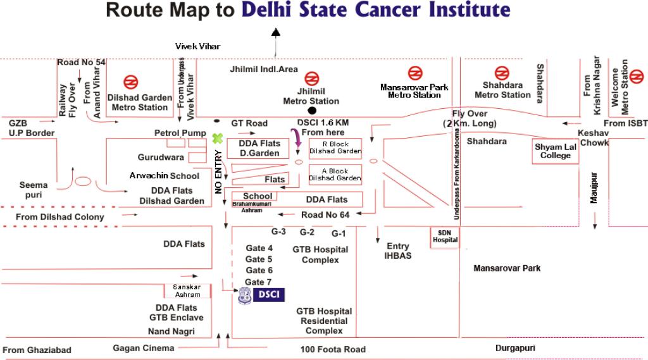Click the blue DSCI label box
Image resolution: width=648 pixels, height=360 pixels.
pos(268,295)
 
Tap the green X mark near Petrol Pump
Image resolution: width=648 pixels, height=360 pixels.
pos(218,139)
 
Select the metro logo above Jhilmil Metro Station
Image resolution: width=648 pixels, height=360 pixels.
pos(311,78)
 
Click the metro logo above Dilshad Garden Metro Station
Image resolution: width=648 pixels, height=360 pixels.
pos(130,82)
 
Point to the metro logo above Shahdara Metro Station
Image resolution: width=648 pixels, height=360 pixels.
pos(502,73)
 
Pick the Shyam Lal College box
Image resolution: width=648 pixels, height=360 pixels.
pos(555,151)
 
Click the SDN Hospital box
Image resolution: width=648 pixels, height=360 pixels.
pos(445,238)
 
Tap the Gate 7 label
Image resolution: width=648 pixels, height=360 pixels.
pos(258,282)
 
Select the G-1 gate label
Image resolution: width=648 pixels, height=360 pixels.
pos(339,233)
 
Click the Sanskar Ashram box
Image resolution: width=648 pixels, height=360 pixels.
pos(187,290)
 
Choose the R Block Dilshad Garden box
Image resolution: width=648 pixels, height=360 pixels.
pos(335,148)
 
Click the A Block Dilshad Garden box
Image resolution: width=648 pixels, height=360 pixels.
pos(335,175)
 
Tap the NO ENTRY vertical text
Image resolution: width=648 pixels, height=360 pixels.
pos(218,172)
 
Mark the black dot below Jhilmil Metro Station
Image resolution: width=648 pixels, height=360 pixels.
pos(312,110)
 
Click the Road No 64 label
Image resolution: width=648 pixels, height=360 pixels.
pos(325,215)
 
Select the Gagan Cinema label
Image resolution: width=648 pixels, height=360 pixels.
pos(144,348)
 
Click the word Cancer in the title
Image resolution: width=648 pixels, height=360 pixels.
pos(388,10)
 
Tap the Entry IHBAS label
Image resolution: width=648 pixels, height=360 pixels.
pos(397,251)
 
